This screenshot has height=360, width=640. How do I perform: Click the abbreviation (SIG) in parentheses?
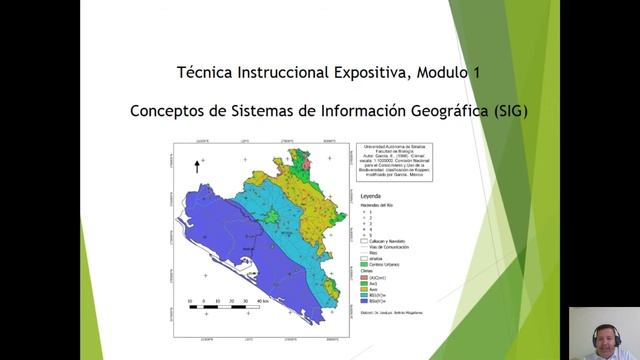coord(509,111)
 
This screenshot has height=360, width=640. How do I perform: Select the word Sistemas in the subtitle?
coord(265,111)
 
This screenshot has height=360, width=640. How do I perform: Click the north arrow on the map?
coord(197,166)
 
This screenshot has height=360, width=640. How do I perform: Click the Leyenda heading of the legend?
coord(370,197)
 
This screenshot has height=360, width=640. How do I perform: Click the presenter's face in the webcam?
coord(602,335)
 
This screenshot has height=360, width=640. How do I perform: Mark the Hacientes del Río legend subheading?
coord(378,205)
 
